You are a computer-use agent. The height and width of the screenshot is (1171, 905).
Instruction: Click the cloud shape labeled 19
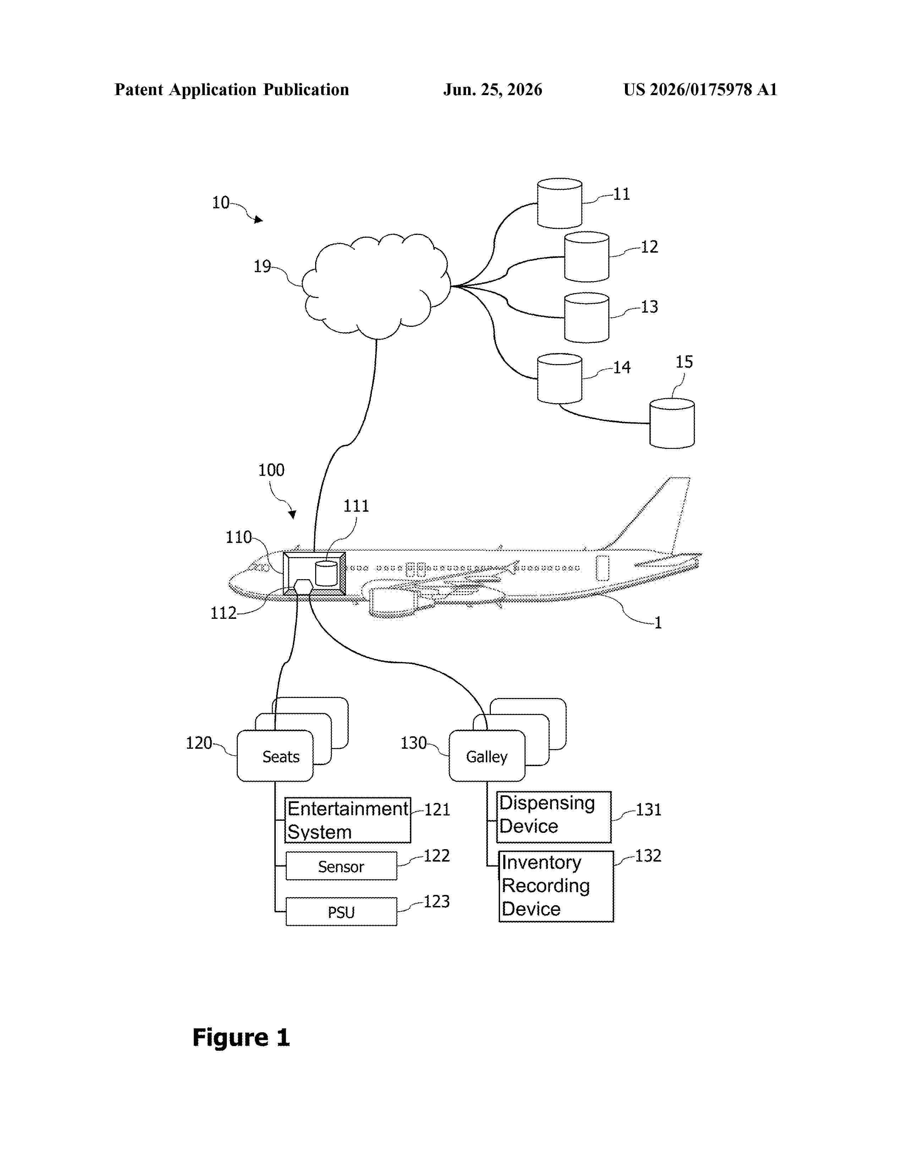(x=376, y=286)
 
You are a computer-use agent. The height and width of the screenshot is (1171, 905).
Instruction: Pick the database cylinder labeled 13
(x=587, y=318)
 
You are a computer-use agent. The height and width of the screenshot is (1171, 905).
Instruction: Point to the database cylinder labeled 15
(x=672, y=423)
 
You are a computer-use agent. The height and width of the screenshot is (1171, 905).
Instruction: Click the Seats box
(x=275, y=755)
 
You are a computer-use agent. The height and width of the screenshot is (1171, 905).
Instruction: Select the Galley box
(x=487, y=755)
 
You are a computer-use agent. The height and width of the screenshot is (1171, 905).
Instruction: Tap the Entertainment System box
(x=348, y=820)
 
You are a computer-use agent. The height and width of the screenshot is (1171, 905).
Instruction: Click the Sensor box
(x=341, y=866)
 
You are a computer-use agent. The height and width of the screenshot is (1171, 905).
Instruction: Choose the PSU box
(x=341, y=912)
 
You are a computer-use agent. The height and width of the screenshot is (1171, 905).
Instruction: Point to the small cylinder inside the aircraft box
(x=326, y=573)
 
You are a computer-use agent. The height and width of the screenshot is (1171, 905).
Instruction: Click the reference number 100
(x=271, y=470)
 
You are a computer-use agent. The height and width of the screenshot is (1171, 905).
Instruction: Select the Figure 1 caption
(x=241, y=1038)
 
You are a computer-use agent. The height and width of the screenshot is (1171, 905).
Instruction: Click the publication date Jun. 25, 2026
(x=493, y=89)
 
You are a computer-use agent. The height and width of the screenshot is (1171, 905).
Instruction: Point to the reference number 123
(x=437, y=901)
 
